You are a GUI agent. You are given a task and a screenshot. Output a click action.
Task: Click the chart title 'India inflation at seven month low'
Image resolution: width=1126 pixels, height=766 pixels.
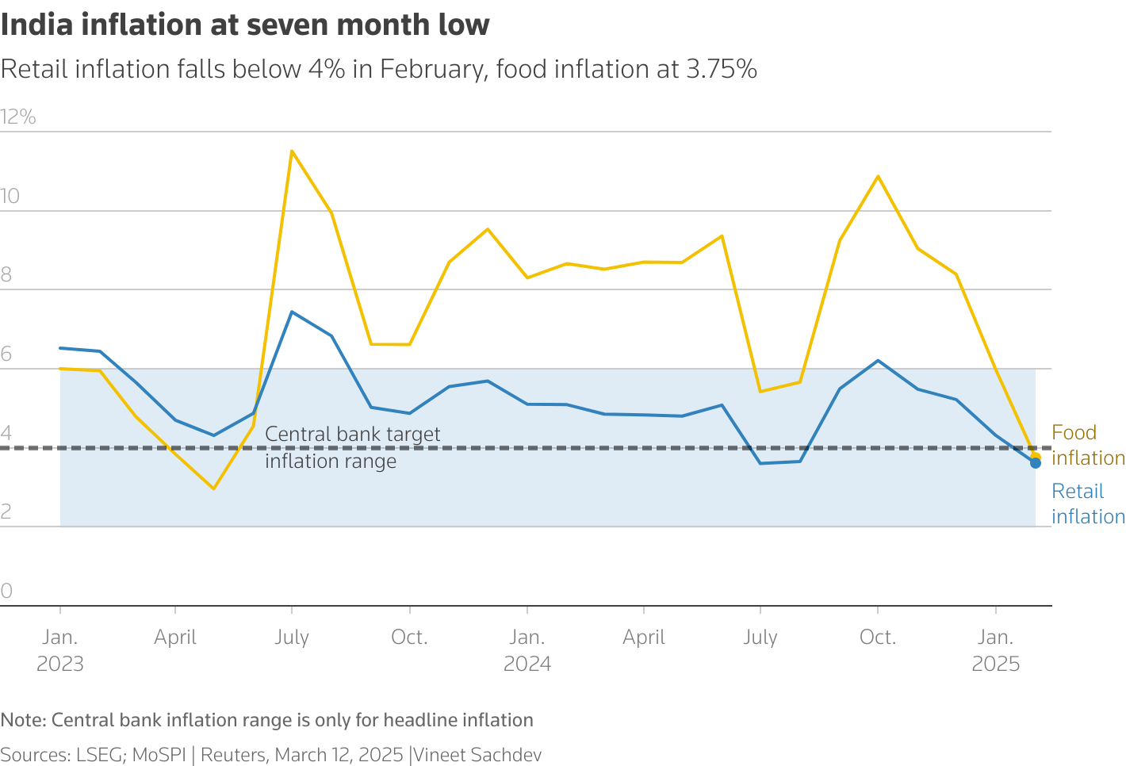[x=245, y=25]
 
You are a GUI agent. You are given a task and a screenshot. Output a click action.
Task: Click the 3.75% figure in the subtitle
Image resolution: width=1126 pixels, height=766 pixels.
[x=721, y=70]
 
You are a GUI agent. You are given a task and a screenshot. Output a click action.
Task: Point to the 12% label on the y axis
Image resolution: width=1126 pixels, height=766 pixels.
[x=19, y=117]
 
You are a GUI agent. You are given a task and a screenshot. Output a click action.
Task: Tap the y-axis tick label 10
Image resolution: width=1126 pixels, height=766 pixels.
[x=10, y=197]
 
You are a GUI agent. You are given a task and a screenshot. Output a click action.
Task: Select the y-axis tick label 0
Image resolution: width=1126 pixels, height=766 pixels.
[x=7, y=591]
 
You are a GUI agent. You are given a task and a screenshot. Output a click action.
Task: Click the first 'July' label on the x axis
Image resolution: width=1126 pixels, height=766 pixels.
[x=292, y=638]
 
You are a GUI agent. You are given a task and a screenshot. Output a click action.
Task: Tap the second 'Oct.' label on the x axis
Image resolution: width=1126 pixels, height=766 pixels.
[x=878, y=638]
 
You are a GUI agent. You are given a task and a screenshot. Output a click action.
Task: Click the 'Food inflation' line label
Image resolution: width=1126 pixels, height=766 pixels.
[x=1087, y=445]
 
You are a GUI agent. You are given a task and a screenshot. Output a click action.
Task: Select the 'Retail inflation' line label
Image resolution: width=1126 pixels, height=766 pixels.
[x=1087, y=504]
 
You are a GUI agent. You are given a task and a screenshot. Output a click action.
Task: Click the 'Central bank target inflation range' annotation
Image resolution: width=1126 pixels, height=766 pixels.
[x=352, y=447]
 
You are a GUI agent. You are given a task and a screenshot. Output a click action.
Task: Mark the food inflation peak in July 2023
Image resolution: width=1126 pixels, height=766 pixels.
[x=292, y=151]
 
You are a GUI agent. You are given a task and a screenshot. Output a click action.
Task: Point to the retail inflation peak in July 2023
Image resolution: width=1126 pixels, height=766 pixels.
[x=292, y=312]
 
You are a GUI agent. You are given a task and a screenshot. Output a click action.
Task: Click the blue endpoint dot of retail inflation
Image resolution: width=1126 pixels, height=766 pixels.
[x=1036, y=463]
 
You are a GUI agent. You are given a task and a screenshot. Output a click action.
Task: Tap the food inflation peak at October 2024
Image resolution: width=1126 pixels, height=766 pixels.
[x=878, y=176]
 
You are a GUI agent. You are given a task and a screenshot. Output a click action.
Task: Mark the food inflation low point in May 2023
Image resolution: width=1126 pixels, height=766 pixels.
[x=213, y=488]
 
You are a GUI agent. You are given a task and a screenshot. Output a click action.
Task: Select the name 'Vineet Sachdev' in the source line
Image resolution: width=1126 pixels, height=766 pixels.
[x=478, y=755]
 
